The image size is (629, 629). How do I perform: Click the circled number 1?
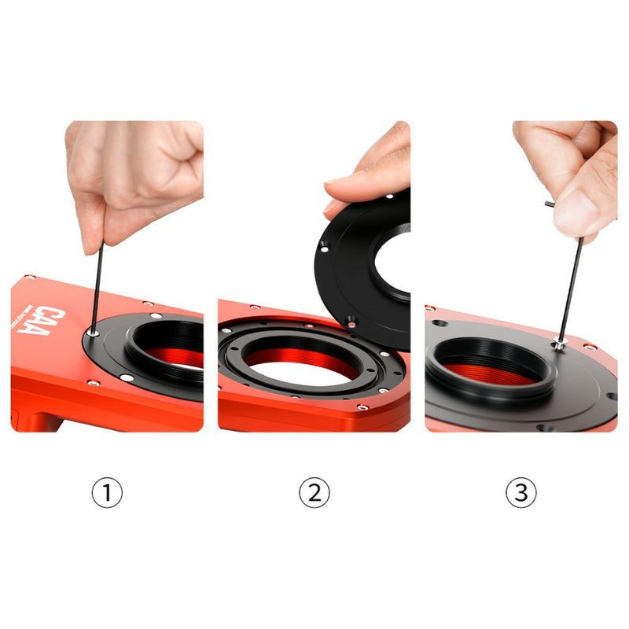[x=108, y=493]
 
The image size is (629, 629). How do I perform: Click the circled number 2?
[x=314, y=493]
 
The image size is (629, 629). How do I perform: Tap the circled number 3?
[x=520, y=493]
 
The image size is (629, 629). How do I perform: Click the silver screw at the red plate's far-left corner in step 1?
[x=29, y=278]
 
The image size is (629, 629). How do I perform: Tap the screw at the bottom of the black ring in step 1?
[x=127, y=381]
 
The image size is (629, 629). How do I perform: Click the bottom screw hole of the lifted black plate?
[x=351, y=319]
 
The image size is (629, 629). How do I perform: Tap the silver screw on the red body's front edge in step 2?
[x=362, y=406]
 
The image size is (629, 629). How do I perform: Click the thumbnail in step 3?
[x=572, y=211]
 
